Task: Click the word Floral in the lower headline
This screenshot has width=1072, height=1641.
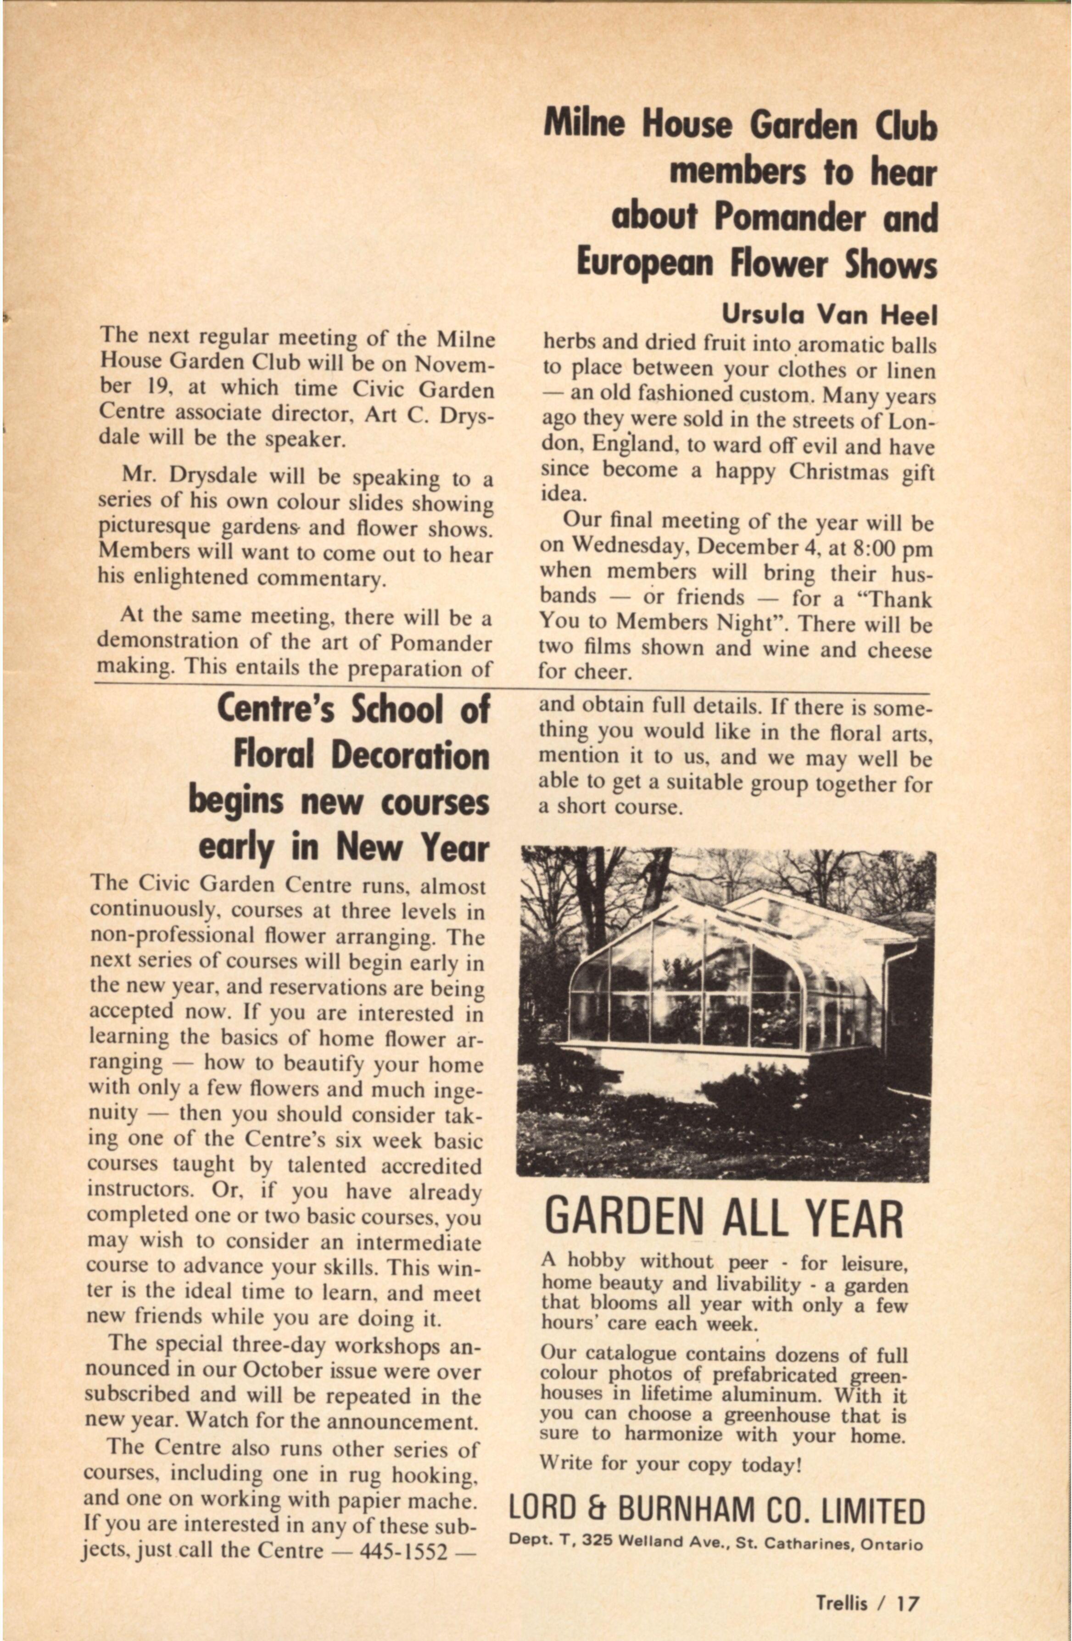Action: [279, 756]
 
